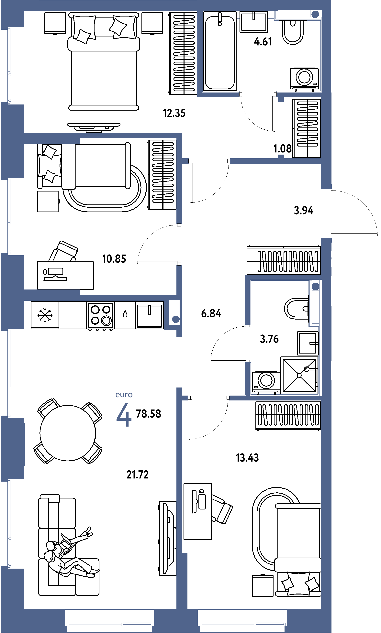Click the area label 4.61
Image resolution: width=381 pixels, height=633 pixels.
coord(263,42)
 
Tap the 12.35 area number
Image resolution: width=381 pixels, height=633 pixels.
coord(174,113)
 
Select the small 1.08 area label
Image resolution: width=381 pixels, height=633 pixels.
coord(283,148)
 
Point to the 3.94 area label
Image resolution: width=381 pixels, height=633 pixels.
coord(303,210)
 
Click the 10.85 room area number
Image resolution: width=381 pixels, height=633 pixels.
coord(114,259)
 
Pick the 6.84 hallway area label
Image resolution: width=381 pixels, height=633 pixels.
coord(211,313)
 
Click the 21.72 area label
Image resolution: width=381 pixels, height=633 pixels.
coord(137,475)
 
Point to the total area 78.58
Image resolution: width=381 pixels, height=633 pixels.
coord(148,414)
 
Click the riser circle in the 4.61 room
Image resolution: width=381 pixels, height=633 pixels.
coord(315,14)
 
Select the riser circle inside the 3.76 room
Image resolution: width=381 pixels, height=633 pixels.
coord(316,286)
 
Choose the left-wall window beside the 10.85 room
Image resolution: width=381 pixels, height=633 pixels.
coord(9,216)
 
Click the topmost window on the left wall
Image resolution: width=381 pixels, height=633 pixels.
coord(9,65)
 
